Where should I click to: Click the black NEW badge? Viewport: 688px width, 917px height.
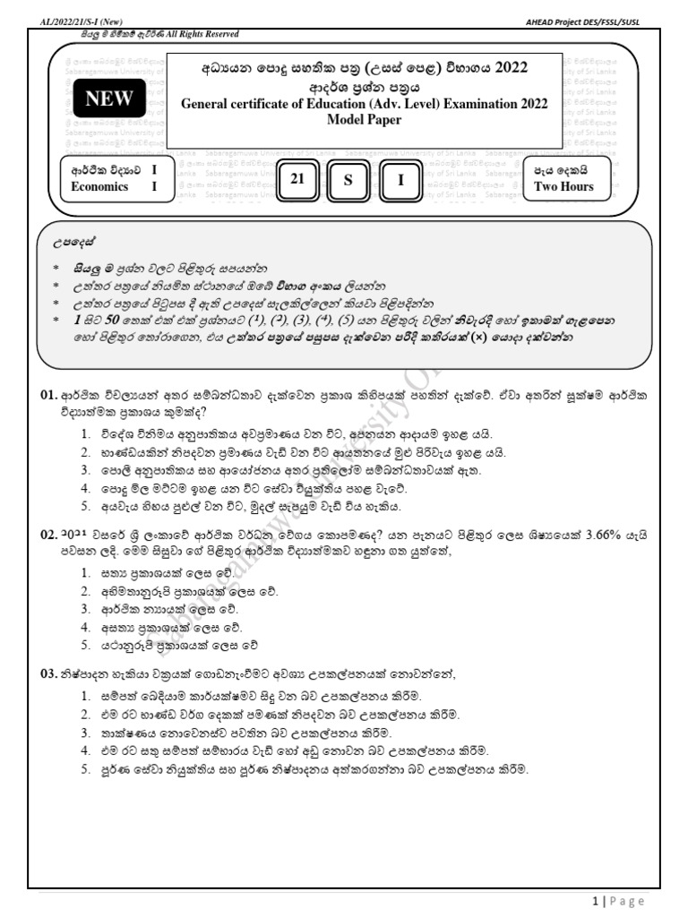(108, 100)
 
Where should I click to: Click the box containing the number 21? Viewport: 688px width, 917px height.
(298, 180)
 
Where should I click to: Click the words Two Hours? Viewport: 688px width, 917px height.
(563, 186)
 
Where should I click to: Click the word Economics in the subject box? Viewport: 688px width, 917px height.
(99, 186)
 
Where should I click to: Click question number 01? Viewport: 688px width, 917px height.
(47, 395)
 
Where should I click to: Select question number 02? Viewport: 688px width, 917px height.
(47, 534)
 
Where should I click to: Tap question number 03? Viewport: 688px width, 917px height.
(47, 674)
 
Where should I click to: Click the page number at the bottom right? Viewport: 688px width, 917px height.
(595, 901)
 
